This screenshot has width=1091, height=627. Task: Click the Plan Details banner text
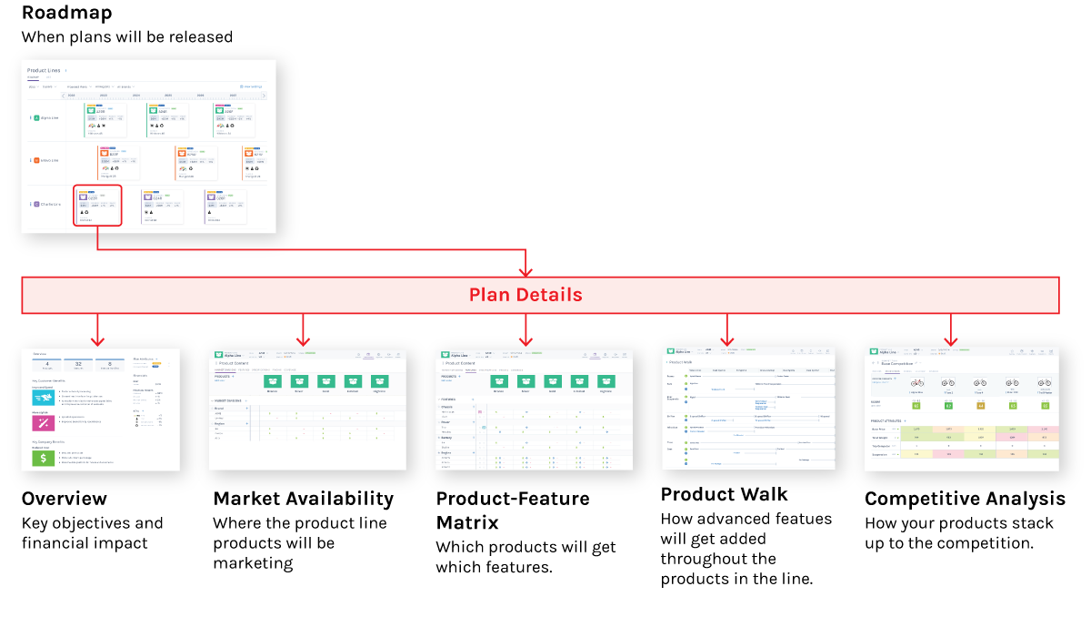point(525,295)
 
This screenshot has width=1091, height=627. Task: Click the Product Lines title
point(44,70)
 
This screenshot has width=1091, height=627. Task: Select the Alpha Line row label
point(48,118)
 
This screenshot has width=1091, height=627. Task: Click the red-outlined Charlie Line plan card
point(98,206)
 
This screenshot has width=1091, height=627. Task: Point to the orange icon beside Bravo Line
point(36,160)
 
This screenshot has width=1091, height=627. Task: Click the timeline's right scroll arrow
point(263,95)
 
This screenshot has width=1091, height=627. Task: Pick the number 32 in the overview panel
point(79,362)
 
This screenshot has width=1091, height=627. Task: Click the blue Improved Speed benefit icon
point(45,396)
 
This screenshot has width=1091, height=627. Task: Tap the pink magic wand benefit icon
point(45,425)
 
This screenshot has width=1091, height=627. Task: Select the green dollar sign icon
point(45,458)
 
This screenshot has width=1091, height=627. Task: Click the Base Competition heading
point(897,363)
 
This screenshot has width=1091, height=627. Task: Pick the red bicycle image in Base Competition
point(916,383)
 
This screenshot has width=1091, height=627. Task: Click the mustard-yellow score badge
point(980,405)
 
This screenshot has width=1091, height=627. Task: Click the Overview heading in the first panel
point(40,353)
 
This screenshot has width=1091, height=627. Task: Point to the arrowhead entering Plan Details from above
point(525,271)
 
